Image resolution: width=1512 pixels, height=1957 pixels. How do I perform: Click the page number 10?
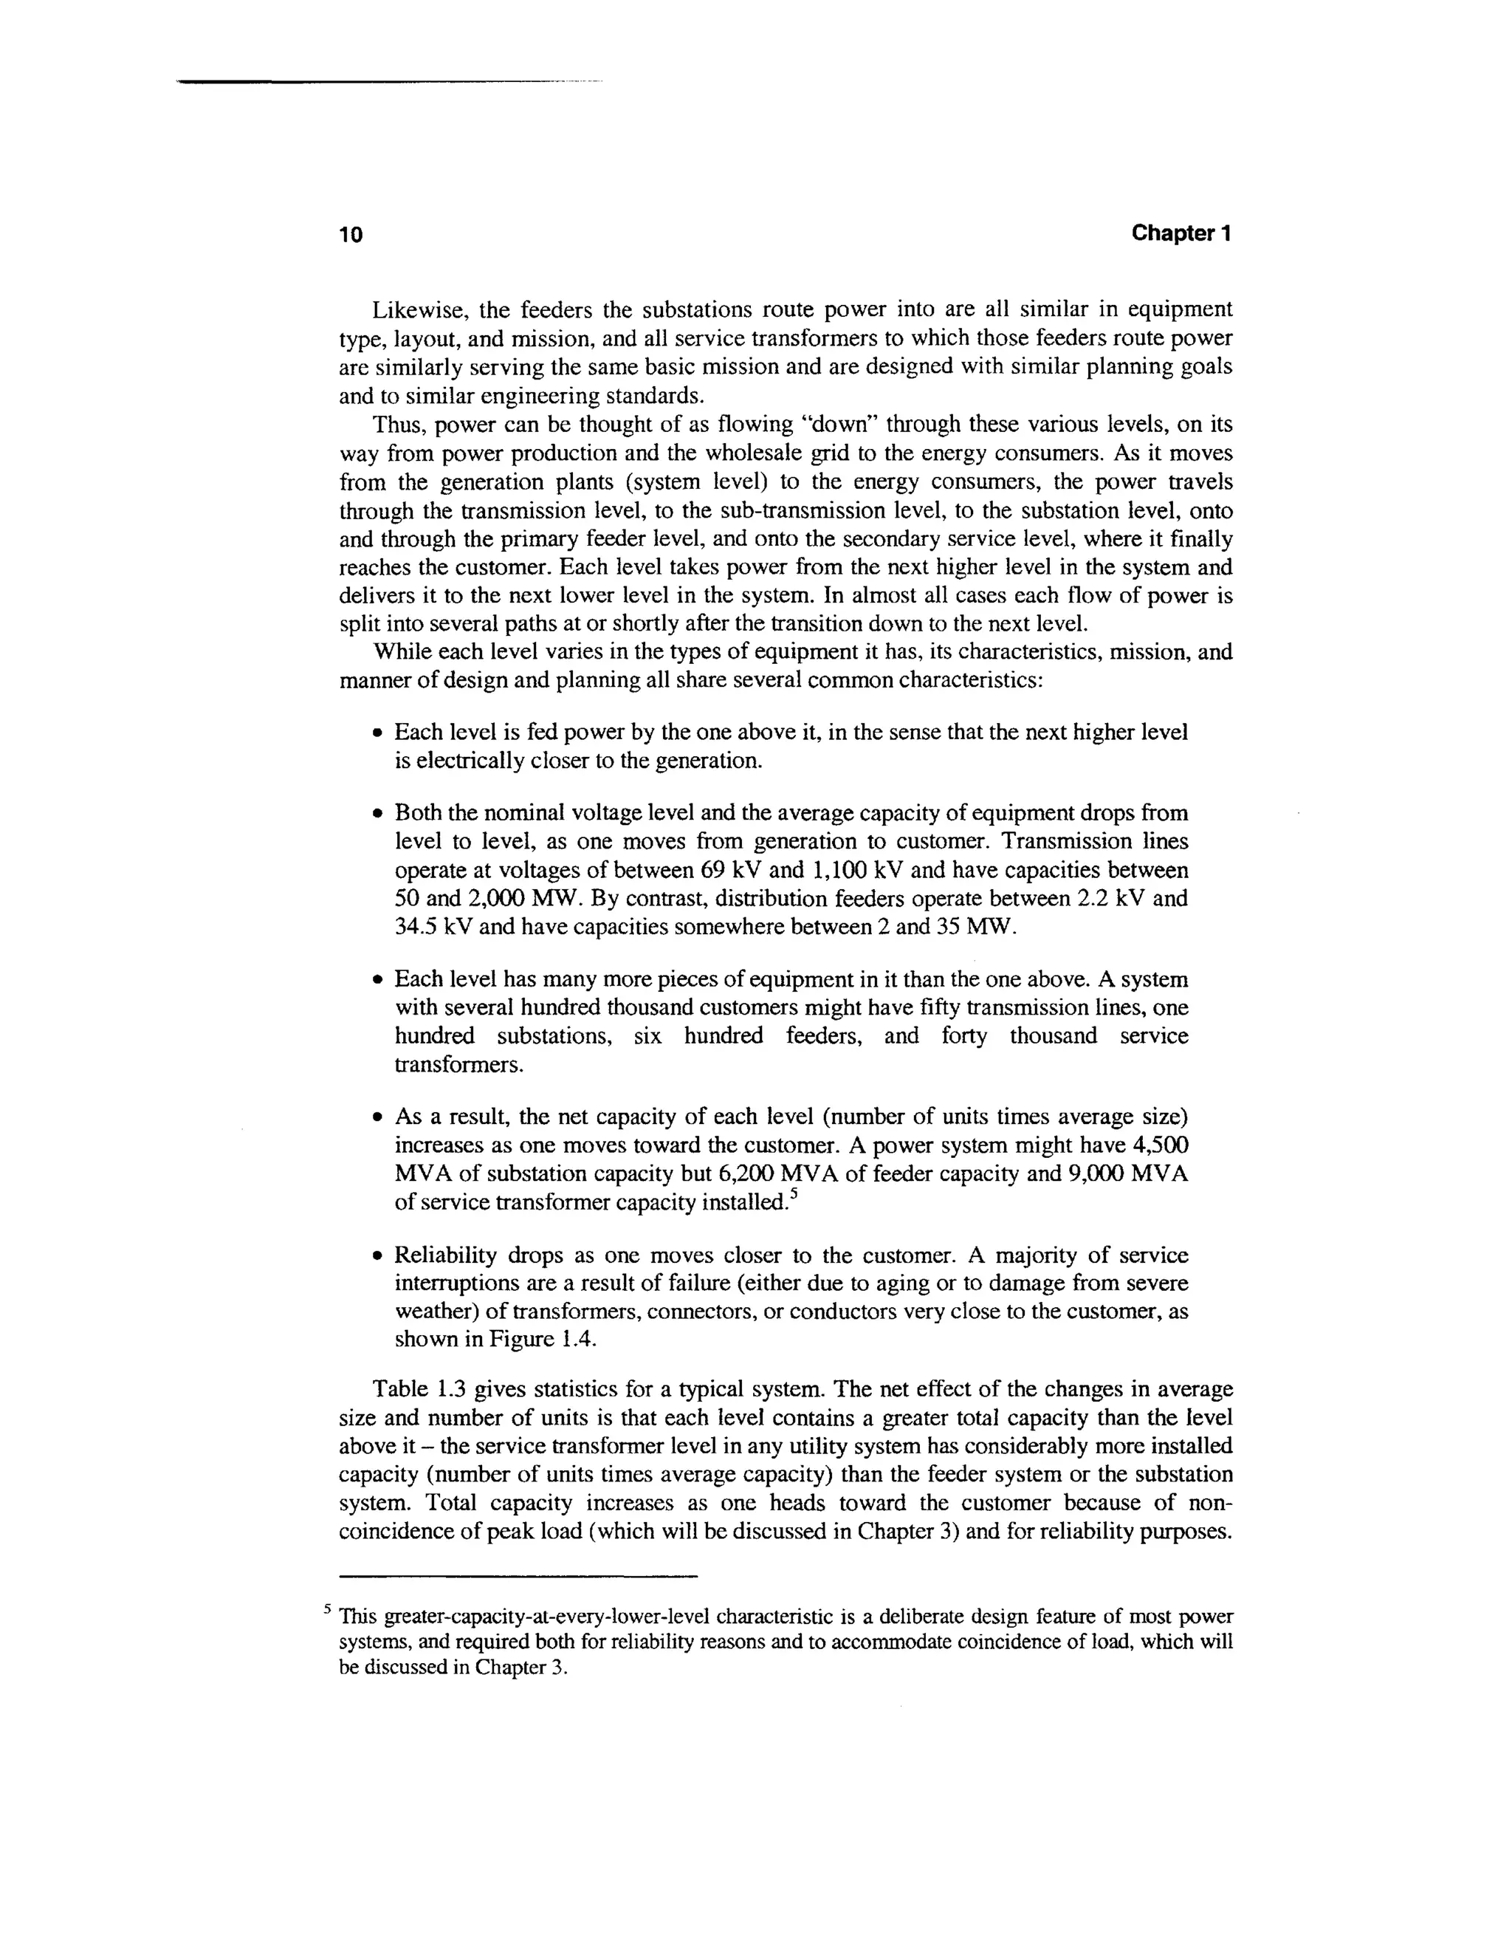[351, 236]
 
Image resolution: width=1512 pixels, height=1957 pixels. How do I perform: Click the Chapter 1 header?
[1181, 234]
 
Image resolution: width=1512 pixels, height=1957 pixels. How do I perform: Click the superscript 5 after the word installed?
[793, 1196]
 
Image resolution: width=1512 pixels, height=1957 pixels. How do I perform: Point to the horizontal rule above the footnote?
[518, 1576]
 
